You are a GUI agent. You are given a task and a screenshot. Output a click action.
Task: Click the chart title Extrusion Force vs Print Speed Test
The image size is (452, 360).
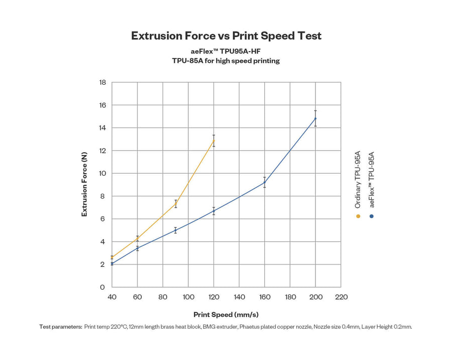(226, 36)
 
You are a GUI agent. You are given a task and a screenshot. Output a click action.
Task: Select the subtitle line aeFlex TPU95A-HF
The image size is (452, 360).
(226, 51)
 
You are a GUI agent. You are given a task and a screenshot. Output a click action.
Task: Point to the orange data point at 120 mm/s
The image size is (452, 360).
(214, 140)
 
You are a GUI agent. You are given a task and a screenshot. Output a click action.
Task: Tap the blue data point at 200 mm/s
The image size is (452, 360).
(315, 118)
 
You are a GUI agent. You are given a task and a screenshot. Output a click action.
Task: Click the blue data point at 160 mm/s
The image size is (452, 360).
(265, 182)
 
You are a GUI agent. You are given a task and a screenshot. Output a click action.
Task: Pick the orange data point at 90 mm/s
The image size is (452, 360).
(176, 204)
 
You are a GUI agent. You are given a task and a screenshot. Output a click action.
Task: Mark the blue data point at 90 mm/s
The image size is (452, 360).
(176, 230)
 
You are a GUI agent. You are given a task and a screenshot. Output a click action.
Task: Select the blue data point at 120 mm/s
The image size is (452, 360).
(214, 211)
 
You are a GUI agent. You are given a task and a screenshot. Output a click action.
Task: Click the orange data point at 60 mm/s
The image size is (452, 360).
(138, 238)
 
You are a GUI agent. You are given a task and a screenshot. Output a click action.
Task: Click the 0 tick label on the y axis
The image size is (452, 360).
(102, 287)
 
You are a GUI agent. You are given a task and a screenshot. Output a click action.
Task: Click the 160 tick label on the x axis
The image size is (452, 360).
(265, 297)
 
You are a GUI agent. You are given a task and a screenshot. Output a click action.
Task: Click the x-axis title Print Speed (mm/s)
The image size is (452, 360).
(226, 315)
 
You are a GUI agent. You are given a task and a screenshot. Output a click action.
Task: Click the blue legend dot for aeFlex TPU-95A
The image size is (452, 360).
(372, 216)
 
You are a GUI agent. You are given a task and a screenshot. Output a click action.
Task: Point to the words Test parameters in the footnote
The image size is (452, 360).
(61, 327)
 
